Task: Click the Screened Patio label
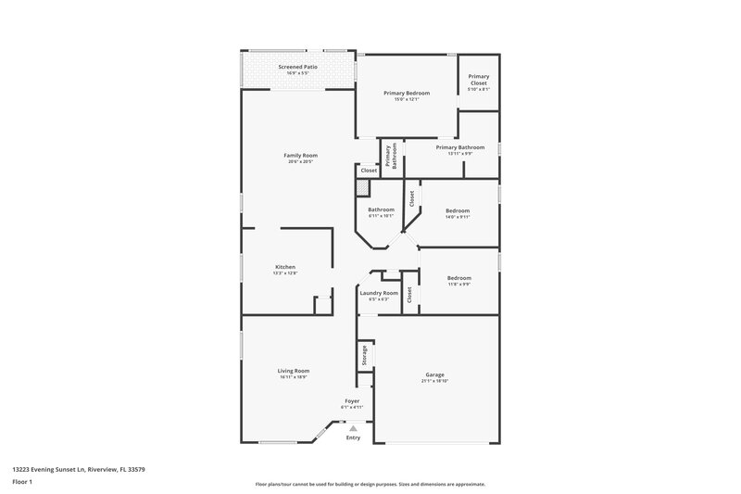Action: click(x=298, y=67)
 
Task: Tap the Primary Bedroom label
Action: click(x=407, y=93)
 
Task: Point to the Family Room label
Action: click(x=300, y=155)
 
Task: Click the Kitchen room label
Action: click(x=284, y=267)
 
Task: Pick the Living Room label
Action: click(x=294, y=371)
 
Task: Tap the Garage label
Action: click(x=434, y=374)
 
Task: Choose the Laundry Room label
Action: click(x=378, y=293)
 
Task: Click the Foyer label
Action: click(x=352, y=400)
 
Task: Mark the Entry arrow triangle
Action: click(x=352, y=427)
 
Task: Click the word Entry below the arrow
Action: click(x=353, y=437)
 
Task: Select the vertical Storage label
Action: click(x=365, y=355)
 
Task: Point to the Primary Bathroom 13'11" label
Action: click(x=459, y=147)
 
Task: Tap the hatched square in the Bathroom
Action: click(x=363, y=187)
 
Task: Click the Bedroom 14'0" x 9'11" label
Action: click(x=458, y=210)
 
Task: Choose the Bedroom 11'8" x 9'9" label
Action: click(x=458, y=278)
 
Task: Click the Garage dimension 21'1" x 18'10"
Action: click(x=434, y=381)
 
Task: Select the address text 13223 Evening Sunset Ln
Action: click(x=79, y=469)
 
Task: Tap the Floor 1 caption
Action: click(x=23, y=482)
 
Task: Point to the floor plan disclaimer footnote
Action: click(x=370, y=484)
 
